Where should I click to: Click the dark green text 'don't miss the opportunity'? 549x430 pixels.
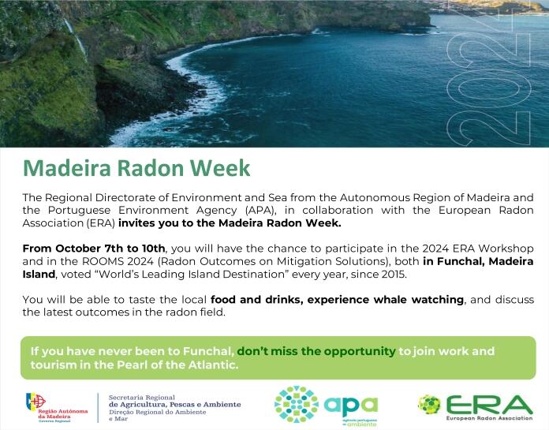[x=316, y=350]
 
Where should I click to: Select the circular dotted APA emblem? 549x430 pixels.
[x=297, y=404]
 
